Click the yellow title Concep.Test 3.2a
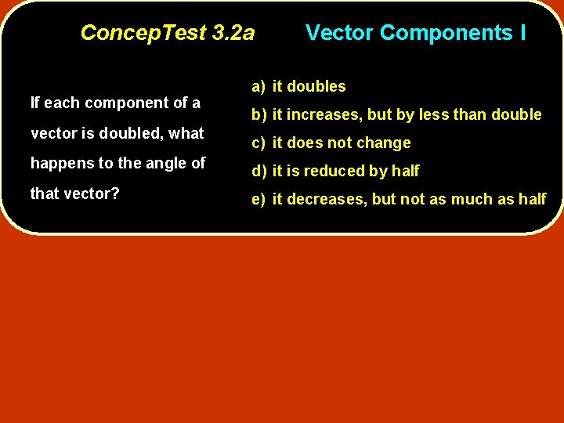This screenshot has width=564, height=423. tap(168, 33)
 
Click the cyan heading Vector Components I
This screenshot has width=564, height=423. tap(415, 33)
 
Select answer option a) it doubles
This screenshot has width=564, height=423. tap(298, 86)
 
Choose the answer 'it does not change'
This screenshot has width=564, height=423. tap(342, 143)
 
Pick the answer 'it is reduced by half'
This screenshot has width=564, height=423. tap(345, 171)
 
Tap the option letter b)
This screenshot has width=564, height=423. tap(259, 114)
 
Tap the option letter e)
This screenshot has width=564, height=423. tap(259, 199)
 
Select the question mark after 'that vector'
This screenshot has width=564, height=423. tap(115, 193)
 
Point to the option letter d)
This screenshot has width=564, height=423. tap(259, 171)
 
